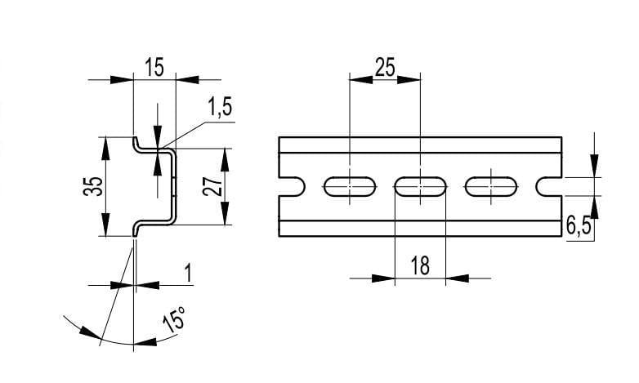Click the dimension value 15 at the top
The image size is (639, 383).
click(x=153, y=67)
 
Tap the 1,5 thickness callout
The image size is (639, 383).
click(x=219, y=107)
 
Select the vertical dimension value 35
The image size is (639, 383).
click(x=94, y=186)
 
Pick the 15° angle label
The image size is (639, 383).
click(x=174, y=318)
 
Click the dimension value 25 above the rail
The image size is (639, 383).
click(x=384, y=66)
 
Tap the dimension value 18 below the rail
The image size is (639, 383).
click(x=420, y=266)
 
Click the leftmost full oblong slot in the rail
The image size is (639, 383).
click(x=350, y=187)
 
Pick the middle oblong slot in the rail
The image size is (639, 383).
click(x=421, y=187)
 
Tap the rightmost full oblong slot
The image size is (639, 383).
click(x=491, y=187)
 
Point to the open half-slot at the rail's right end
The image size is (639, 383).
click(x=550, y=187)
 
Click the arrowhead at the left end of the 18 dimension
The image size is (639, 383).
click(x=385, y=278)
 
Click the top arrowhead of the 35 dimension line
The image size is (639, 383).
click(x=105, y=145)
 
